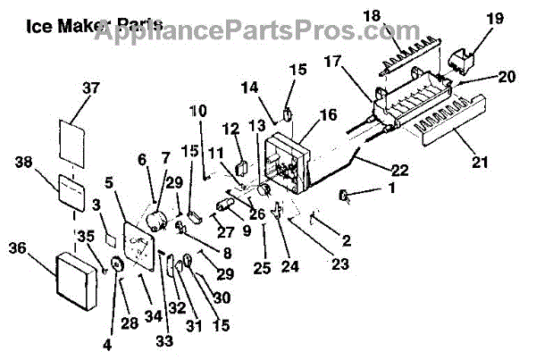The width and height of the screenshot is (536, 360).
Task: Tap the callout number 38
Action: (23, 163)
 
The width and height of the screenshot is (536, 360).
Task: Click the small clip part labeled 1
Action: (344, 196)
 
